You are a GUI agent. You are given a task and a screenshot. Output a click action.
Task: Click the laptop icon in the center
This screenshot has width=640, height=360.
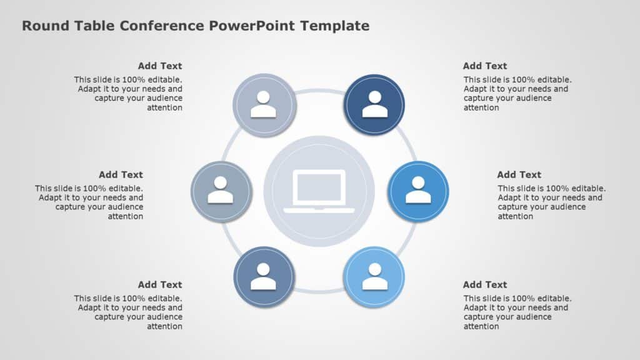click(319, 191)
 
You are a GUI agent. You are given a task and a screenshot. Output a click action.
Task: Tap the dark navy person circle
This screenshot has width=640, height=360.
click(374, 104)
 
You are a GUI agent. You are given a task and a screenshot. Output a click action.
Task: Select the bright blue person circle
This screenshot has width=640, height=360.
click(418, 191)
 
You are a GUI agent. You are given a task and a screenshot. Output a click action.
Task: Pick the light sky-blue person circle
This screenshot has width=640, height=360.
click(374, 277)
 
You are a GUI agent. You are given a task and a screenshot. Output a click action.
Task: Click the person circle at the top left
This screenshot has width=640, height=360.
click(264, 104)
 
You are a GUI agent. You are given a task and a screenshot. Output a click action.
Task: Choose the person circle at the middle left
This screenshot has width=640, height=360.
click(221, 191)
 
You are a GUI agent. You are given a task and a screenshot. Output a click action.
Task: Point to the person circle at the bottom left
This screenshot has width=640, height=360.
click(264, 277)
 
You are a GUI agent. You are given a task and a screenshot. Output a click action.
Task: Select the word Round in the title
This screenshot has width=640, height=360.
click(42, 26)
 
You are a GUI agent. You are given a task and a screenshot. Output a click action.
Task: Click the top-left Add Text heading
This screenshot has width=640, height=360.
click(160, 66)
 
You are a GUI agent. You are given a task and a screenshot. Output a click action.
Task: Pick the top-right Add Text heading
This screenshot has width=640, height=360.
click(485, 66)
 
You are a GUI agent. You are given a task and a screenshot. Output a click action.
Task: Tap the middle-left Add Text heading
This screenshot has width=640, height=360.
click(121, 174)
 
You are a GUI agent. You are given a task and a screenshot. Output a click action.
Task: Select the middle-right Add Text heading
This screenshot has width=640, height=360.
click(519, 174)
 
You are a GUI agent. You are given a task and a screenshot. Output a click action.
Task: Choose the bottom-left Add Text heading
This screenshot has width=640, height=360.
click(160, 284)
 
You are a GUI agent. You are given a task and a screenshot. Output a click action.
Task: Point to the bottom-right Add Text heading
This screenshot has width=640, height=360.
click(485, 284)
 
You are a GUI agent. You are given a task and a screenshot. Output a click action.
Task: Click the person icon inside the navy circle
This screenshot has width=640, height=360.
click(374, 105)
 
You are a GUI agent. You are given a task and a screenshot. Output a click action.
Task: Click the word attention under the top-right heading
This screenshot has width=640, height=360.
click(481, 107)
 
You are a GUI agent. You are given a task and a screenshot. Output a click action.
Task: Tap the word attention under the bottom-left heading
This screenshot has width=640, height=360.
click(164, 326)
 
